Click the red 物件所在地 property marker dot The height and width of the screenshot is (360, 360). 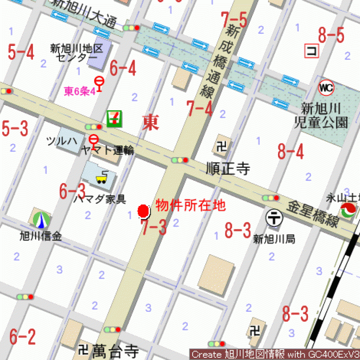point(143,211)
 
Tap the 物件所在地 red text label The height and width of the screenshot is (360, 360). point(190,206)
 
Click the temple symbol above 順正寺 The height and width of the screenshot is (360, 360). point(221,147)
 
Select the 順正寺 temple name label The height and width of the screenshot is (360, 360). point(228,169)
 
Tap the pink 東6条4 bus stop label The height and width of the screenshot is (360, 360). point(80,91)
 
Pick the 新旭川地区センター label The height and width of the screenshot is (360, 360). point(77,53)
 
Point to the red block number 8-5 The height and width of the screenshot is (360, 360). point(331,35)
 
